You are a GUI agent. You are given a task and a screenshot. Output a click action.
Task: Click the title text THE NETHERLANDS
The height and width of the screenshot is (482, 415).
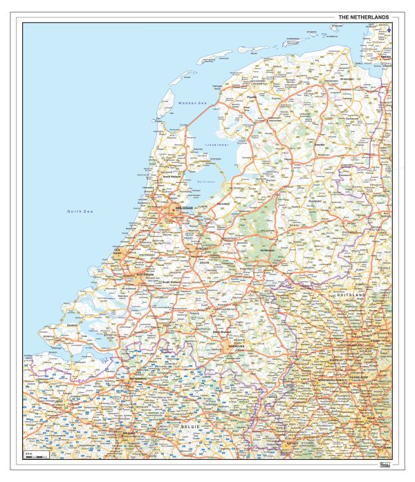point(363,17)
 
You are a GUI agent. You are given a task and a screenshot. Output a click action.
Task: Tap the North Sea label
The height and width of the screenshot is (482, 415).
point(80,211)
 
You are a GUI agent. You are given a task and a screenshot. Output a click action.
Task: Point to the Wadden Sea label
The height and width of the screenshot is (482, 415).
point(192,104)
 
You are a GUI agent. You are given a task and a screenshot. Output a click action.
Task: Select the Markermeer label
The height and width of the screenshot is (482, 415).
point(205,182)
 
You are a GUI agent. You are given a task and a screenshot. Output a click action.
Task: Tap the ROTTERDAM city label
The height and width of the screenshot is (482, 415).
point(145,274)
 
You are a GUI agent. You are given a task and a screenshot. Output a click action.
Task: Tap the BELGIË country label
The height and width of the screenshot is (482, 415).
point(190,429)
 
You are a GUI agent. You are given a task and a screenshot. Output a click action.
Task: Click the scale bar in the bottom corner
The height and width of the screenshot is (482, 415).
point(36,456)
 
